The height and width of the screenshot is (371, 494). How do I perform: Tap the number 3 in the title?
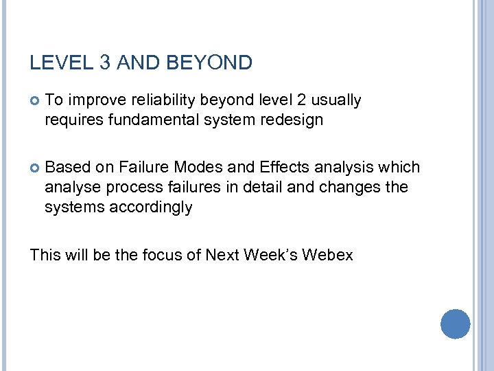[105, 64]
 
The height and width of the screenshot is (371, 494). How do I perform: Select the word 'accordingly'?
[151, 207]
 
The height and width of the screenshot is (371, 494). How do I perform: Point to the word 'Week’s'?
[270, 255]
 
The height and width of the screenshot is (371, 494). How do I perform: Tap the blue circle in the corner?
[454, 324]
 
